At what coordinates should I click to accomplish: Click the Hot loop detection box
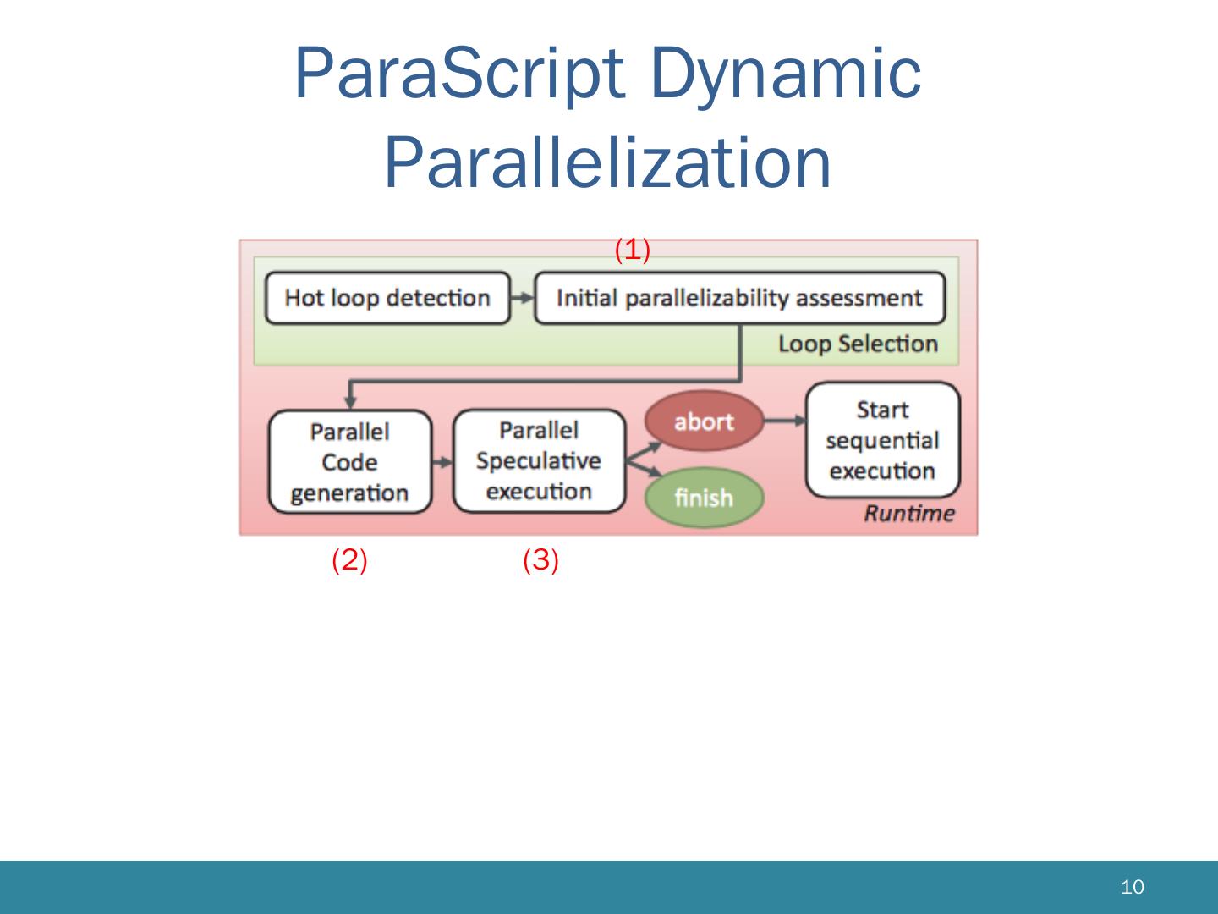(387, 298)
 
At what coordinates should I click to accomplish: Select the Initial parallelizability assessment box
(739, 298)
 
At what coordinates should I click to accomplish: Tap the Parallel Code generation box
(349, 462)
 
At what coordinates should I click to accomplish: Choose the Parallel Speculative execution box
(539, 461)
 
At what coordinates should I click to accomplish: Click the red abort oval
(704, 421)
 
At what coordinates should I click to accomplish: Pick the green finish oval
(704, 498)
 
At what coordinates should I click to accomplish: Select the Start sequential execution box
(882, 440)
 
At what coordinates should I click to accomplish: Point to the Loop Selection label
(858, 344)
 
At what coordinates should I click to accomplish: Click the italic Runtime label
(908, 514)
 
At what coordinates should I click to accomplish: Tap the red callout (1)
(632, 250)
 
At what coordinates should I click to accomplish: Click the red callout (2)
(349, 560)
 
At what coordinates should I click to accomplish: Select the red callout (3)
(540, 560)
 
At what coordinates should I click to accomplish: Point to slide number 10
(1132, 887)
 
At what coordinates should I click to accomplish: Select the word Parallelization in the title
(608, 162)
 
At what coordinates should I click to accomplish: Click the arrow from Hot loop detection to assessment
(523, 298)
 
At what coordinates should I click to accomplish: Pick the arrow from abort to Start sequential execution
(784, 421)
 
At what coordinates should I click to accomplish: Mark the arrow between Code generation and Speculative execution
(442, 462)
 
